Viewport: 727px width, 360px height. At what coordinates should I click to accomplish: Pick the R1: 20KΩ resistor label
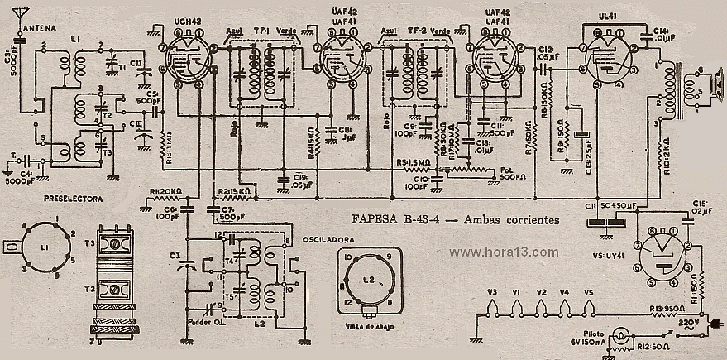tap(167, 191)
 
